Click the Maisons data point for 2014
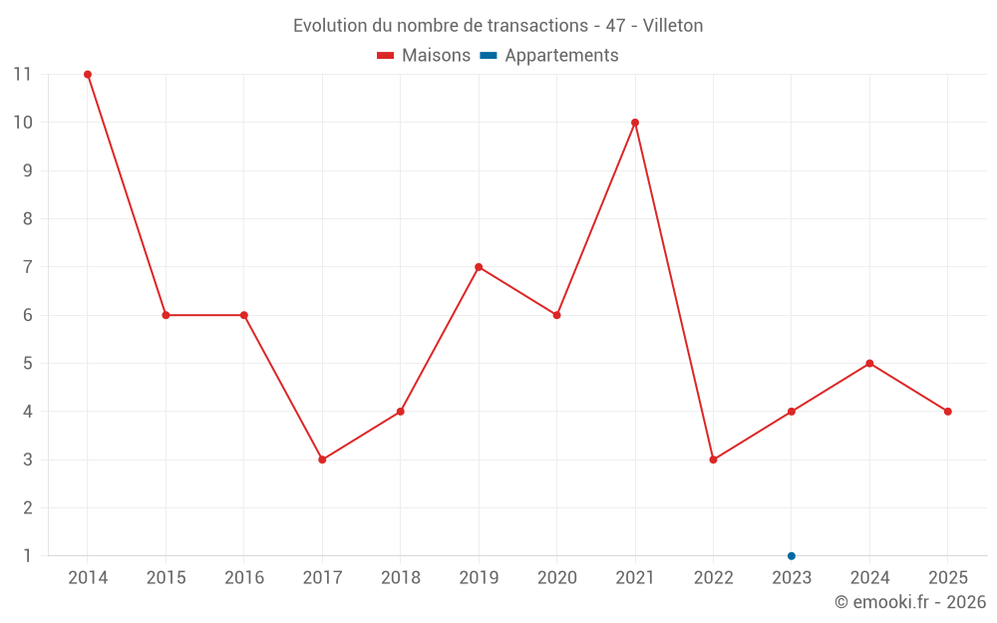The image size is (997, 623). point(88,75)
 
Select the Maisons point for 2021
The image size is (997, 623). point(635,123)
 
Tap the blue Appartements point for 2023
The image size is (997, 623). point(792,555)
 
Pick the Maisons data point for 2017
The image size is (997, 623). point(322,460)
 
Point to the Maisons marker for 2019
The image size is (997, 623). point(479,267)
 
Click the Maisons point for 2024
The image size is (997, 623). point(869,363)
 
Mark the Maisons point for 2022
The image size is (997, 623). point(713,460)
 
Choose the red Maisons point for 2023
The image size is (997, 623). point(792,412)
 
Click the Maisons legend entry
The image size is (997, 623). point(424,56)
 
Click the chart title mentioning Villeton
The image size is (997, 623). point(498,26)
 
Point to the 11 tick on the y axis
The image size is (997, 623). point(22,75)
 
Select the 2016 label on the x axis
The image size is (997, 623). point(244,578)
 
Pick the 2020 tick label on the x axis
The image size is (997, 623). point(556,578)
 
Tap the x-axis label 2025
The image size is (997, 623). point(947,578)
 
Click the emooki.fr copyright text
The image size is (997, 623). point(910,602)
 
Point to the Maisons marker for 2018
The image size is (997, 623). point(400,412)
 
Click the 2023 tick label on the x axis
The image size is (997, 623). point(792,578)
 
